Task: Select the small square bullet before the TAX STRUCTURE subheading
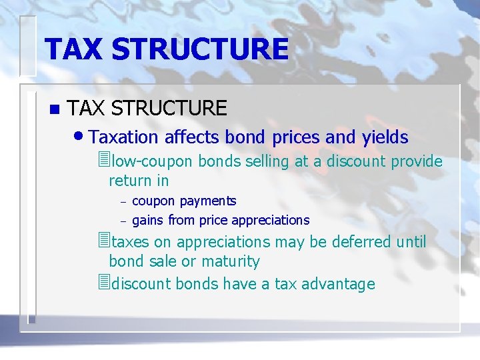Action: coord(54,108)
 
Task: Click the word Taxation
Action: coord(123,137)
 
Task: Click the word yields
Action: coord(385,137)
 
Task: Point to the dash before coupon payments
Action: coord(123,202)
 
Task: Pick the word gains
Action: coord(148,221)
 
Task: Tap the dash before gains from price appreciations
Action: coord(123,221)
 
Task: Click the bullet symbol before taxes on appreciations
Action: coord(102,241)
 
